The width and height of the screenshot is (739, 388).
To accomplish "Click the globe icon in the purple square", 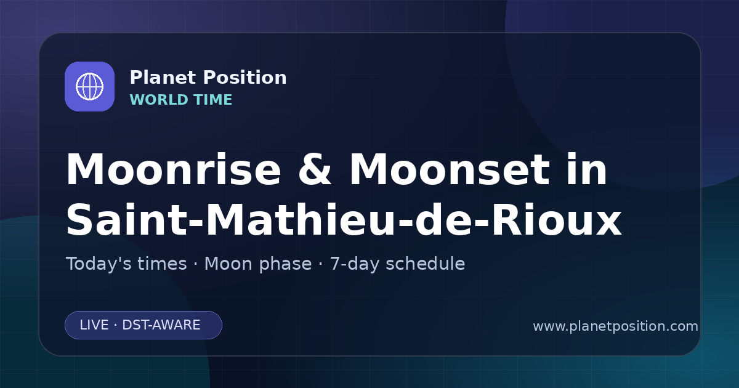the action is pos(89,86).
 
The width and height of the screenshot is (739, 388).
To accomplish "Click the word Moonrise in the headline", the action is pos(174,169).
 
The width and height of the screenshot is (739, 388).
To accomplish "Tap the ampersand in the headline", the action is pos(315,169).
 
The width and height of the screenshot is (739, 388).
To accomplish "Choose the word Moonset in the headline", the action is pos(450,169).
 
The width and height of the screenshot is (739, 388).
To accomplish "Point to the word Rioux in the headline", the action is pos(556,220).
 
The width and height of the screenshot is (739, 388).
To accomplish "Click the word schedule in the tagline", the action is pos(426,264).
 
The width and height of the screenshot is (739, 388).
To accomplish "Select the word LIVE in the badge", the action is pos(94,325).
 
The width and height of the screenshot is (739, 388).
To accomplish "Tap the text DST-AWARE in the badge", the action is pos(161,325).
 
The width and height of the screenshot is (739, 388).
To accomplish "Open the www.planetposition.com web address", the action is pos(616,326).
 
